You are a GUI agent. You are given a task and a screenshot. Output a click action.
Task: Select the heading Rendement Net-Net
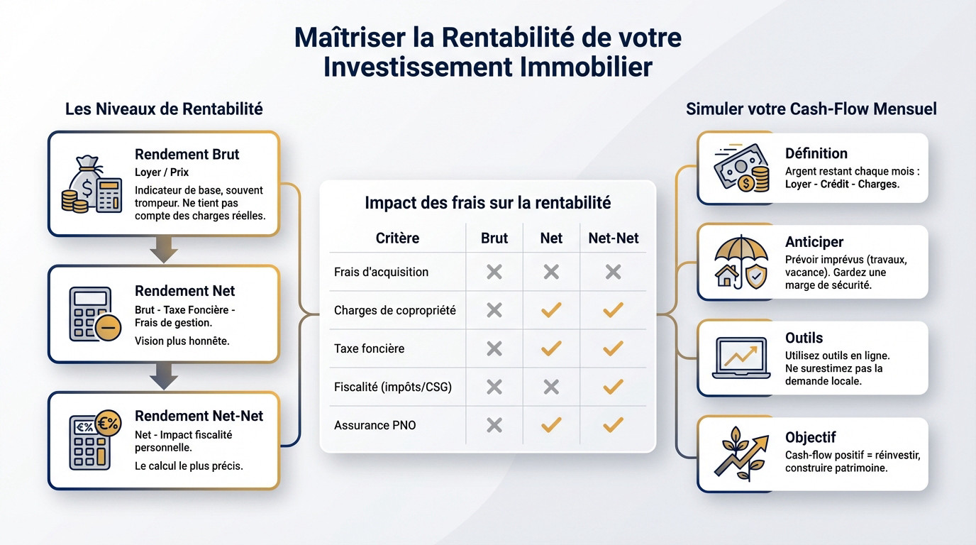pyautogui.click(x=199, y=416)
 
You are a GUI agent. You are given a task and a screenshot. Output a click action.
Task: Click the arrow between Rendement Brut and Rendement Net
pyautogui.click(x=163, y=249)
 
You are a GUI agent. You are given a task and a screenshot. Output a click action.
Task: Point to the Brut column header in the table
pyautogui.click(x=494, y=238)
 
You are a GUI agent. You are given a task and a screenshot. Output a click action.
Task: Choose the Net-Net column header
pyautogui.click(x=614, y=238)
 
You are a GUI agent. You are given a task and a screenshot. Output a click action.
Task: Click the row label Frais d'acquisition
pyautogui.click(x=381, y=272)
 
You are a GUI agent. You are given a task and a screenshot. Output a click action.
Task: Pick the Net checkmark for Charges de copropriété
pyautogui.click(x=551, y=310)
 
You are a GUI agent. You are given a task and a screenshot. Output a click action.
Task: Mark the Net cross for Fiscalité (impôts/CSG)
pyautogui.click(x=551, y=387)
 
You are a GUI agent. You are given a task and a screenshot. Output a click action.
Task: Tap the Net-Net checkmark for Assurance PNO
pyautogui.click(x=613, y=425)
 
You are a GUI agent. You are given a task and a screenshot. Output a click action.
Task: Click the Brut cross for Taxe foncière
pyautogui.click(x=494, y=348)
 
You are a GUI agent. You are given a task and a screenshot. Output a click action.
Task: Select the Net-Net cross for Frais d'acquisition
pyautogui.click(x=613, y=272)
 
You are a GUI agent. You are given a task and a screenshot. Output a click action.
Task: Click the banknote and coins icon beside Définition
pyautogui.click(x=741, y=167)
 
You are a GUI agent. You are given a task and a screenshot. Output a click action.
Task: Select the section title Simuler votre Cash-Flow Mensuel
pyautogui.click(x=811, y=109)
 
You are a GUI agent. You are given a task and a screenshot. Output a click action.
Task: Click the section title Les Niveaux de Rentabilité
pyautogui.click(x=164, y=109)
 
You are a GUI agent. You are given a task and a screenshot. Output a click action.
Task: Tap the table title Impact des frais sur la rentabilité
pyautogui.click(x=487, y=203)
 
